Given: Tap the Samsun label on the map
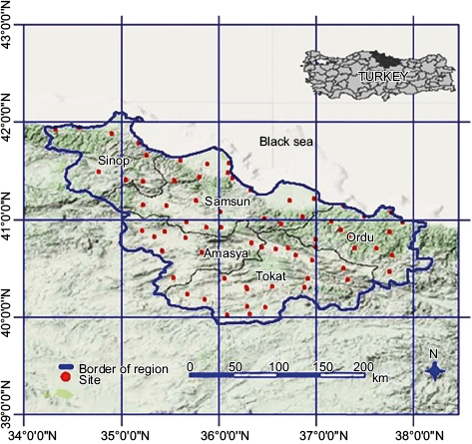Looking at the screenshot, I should (224, 203).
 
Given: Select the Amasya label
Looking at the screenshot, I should (225, 255).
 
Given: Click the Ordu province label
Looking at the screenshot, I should (358, 237).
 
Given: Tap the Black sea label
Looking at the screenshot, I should (286, 142).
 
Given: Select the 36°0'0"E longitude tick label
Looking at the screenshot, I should (219, 435).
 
